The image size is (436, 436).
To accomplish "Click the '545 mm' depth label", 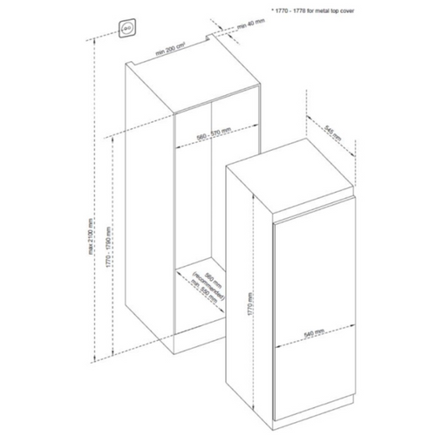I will (330, 133).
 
